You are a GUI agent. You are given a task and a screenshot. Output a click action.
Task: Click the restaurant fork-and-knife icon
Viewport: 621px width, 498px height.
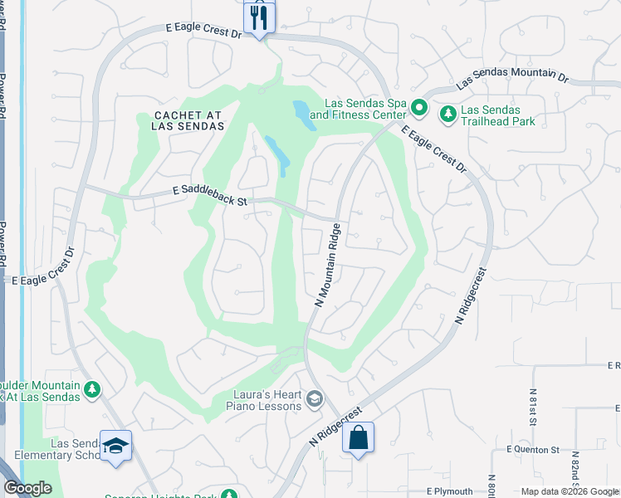pos(259,16)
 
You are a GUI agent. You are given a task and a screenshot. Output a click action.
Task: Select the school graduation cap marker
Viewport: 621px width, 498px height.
pos(115,446)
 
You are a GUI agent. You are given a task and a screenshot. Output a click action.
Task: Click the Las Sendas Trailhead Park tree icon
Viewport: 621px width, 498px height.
pos(447,110)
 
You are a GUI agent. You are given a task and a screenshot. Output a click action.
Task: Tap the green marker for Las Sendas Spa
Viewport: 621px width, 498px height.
pos(419,108)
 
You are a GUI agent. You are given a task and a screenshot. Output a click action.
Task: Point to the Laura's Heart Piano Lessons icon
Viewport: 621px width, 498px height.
pos(314,400)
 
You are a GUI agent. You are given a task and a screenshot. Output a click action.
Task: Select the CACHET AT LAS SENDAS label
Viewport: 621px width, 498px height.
pos(188,120)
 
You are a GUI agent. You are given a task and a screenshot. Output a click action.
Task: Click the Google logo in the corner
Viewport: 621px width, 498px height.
pos(27,488)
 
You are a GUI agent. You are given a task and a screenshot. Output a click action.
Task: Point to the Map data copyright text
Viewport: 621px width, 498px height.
pos(570,491)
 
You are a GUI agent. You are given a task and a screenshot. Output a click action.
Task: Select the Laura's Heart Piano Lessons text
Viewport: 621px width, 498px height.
pos(263,400)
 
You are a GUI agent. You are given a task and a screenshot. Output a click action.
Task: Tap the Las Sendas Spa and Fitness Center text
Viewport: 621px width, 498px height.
pos(365,108)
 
